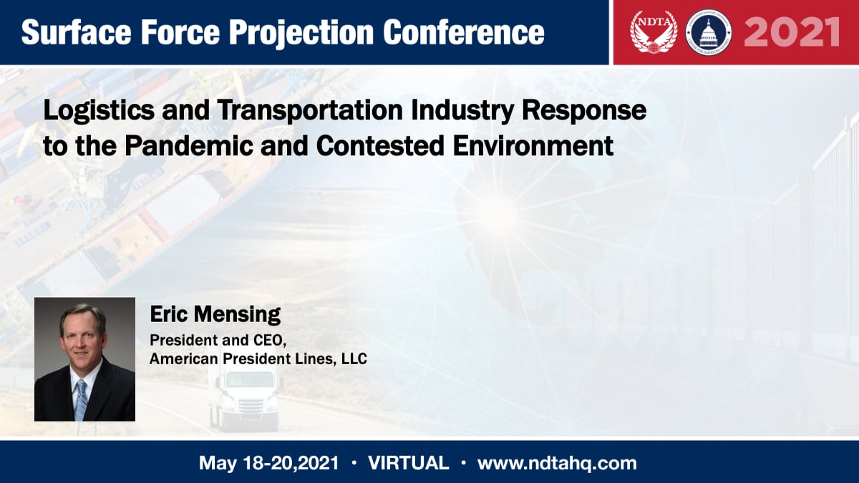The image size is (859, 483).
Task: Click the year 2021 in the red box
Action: pyautogui.click(x=791, y=32)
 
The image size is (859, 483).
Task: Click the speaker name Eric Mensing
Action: pyautogui.click(x=215, y=315)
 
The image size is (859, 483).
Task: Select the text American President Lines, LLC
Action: pyautogui.click(x=258, y=358)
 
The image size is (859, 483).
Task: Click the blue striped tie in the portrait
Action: pyautogui.click(x=81, y=399)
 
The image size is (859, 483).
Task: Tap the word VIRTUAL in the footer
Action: pyautogui.click(x=408, y=463)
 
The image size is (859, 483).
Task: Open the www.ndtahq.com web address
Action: pyautogui.click(x=557, y=463)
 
